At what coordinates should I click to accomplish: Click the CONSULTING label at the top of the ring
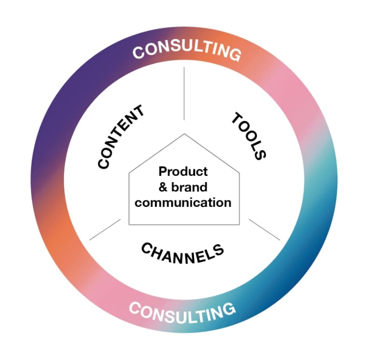(x=187, y=49)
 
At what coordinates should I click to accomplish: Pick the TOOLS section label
(x=249, y=135)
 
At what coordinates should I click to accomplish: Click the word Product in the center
(x=183, y=171)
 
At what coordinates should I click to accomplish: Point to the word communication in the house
(x=183, y=202)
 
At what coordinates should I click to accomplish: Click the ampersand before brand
(x=162, y=186)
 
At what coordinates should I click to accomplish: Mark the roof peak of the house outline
(x=184, y=134)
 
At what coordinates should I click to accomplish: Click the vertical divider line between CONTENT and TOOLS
(x=184, y=93)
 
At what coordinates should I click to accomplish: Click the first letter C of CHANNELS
(x=146, y=247)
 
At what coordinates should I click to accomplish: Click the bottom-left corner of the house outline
(x=129, y=224)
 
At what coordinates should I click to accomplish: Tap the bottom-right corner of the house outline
(x=239, y=224)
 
